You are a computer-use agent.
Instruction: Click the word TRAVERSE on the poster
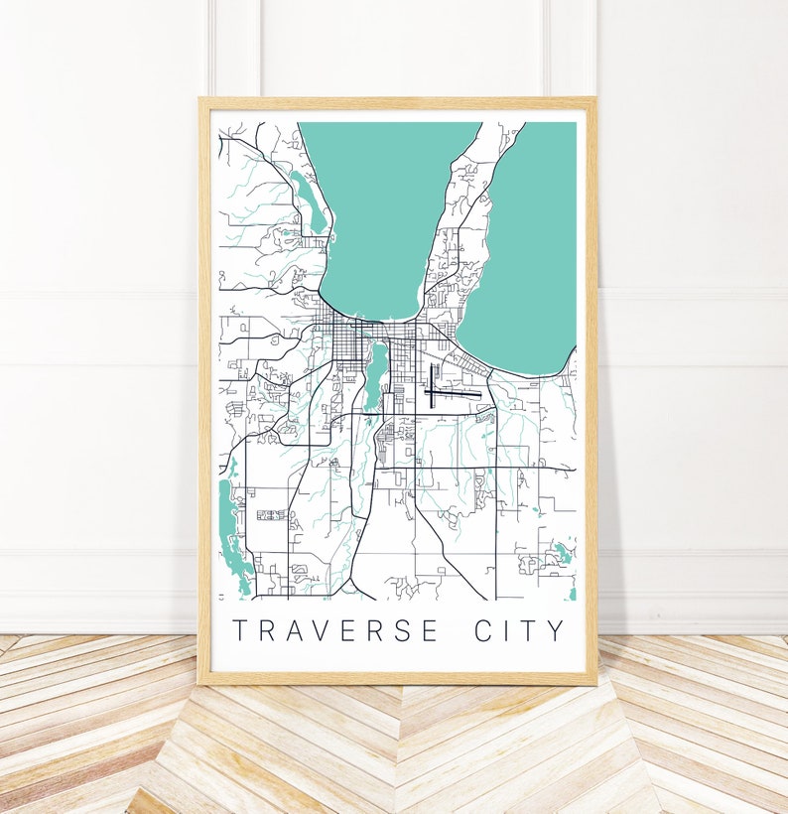click(334, 630)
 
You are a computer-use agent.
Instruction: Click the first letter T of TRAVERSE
click(238, 630)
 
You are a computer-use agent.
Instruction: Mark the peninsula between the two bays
click(457, 228)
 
